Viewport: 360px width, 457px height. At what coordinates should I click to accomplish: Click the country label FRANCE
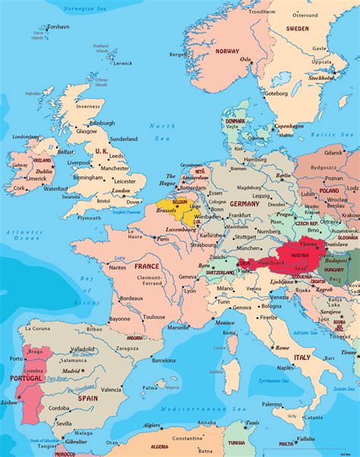tap(147, 266)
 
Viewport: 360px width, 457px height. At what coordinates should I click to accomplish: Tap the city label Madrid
tap(71, 370)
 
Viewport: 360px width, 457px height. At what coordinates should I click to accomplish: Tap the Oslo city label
tap(245, 58)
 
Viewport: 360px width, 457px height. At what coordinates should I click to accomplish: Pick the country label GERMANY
tap(245, 204)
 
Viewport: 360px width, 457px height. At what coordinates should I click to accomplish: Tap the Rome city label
tap(281, 348)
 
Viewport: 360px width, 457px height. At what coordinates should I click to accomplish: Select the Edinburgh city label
tap(103, 122)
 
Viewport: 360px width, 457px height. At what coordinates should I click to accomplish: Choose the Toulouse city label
tap(154, 317)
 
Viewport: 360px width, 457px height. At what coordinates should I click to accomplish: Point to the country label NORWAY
tap(227, 51)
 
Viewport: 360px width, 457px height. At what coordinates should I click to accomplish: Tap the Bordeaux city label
tap(131, 298)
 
